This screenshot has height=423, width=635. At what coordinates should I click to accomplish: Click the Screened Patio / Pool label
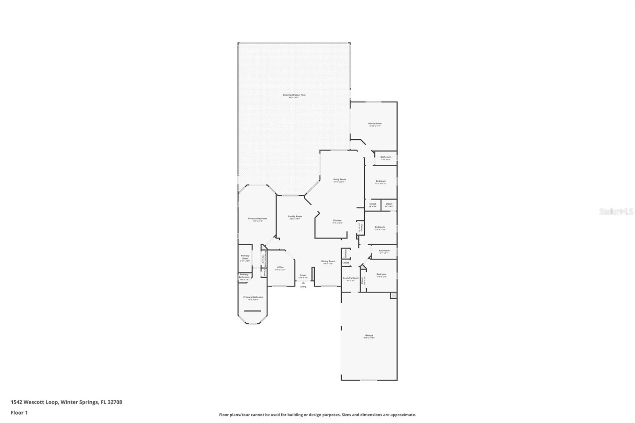294,95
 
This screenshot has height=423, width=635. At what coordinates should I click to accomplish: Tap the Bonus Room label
375,123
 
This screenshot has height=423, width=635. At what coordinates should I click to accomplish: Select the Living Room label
339,179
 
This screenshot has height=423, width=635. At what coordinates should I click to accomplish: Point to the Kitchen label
337,221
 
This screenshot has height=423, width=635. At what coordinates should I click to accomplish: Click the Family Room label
295,216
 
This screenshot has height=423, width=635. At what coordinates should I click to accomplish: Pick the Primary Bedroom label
258,219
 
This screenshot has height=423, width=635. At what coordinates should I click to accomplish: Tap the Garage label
369,335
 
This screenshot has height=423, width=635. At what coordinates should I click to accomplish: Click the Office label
280,267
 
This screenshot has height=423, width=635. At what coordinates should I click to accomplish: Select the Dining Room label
328,261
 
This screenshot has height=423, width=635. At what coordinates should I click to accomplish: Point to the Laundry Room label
350,278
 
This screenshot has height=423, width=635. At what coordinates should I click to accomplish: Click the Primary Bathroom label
253,297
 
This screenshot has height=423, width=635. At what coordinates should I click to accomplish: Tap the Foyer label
303,275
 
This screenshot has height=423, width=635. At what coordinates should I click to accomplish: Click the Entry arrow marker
303,283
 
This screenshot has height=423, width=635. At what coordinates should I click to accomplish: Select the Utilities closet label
346,253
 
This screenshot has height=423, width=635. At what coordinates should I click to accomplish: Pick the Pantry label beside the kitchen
361,227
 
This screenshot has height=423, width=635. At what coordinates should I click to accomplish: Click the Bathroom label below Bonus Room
386,157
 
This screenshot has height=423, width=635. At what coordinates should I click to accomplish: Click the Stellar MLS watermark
616,212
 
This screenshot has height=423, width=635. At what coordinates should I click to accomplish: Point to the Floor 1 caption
19,413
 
